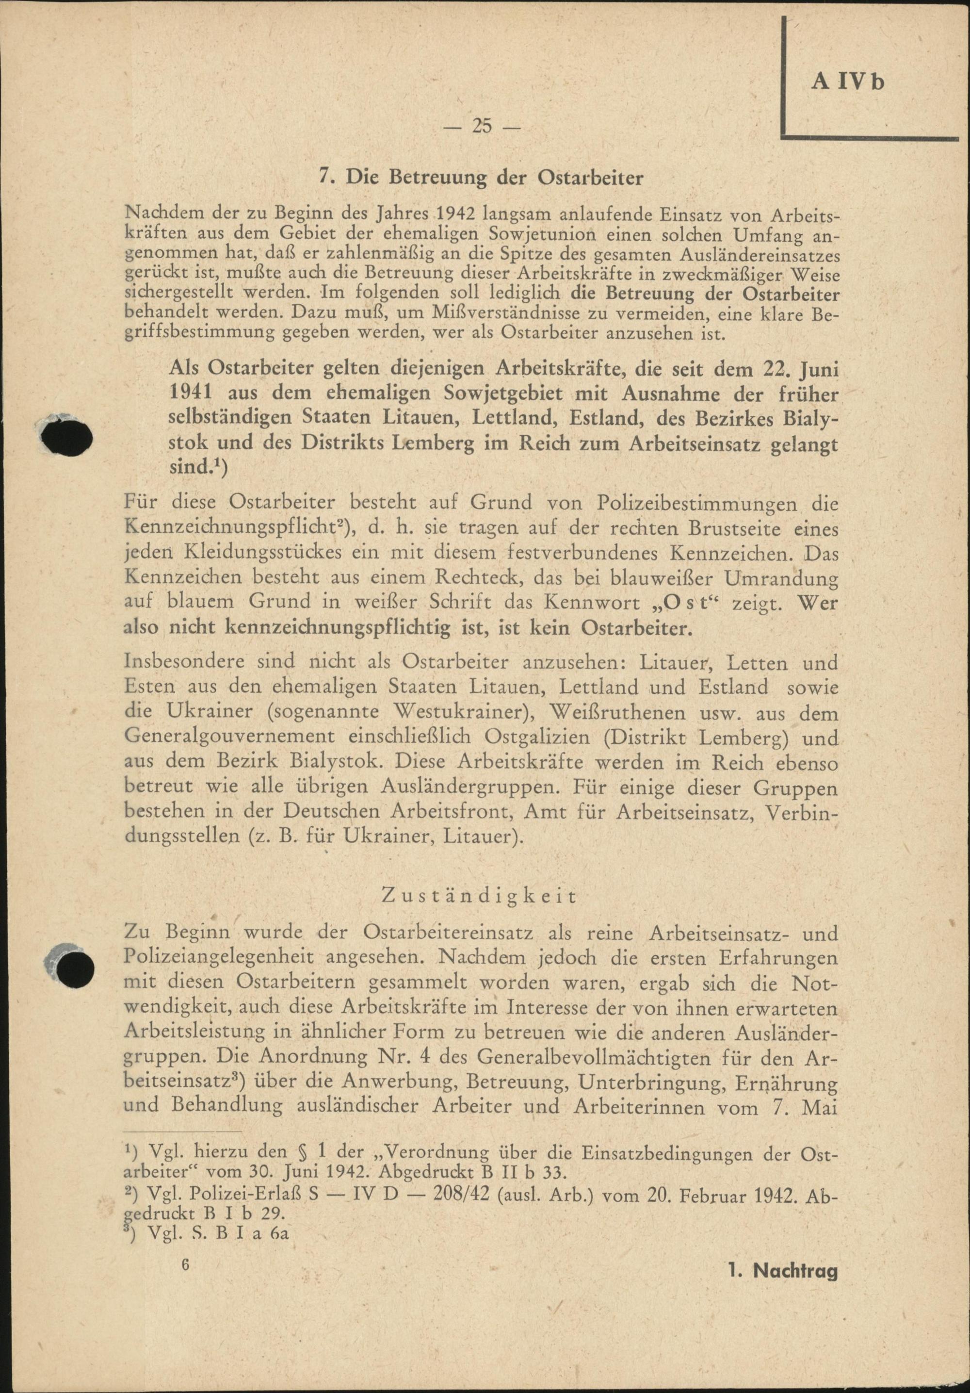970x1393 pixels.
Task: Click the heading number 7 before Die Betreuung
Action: [324, 179]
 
